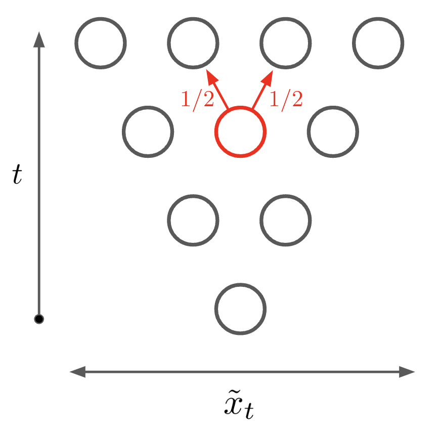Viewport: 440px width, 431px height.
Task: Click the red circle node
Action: (x=240, y=132)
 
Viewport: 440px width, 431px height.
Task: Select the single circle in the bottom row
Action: (x=240, y=309)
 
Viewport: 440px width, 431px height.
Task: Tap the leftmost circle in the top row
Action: (x=100, y=43)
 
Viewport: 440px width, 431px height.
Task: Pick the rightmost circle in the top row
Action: (x=378, y=43)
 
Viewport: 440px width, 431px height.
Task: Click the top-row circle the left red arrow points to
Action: (x=193, y=43)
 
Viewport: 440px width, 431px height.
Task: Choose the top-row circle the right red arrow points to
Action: (x=286, y=43)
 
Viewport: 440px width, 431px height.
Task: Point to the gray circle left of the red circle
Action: (x=148, y=132)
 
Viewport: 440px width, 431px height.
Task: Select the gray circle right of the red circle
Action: (x=333, y=132)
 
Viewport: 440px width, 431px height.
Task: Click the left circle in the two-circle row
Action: (x=193, y=220)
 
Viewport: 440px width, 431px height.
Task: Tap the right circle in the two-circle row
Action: (x=286, y=220)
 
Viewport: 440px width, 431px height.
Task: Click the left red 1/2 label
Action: (x=197, y=100)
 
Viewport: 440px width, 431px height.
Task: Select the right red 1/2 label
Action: (x=286, y=100)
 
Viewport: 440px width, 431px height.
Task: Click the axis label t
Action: (x=18, y=175)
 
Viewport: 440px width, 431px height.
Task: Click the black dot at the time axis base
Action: (x=39, y=319)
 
